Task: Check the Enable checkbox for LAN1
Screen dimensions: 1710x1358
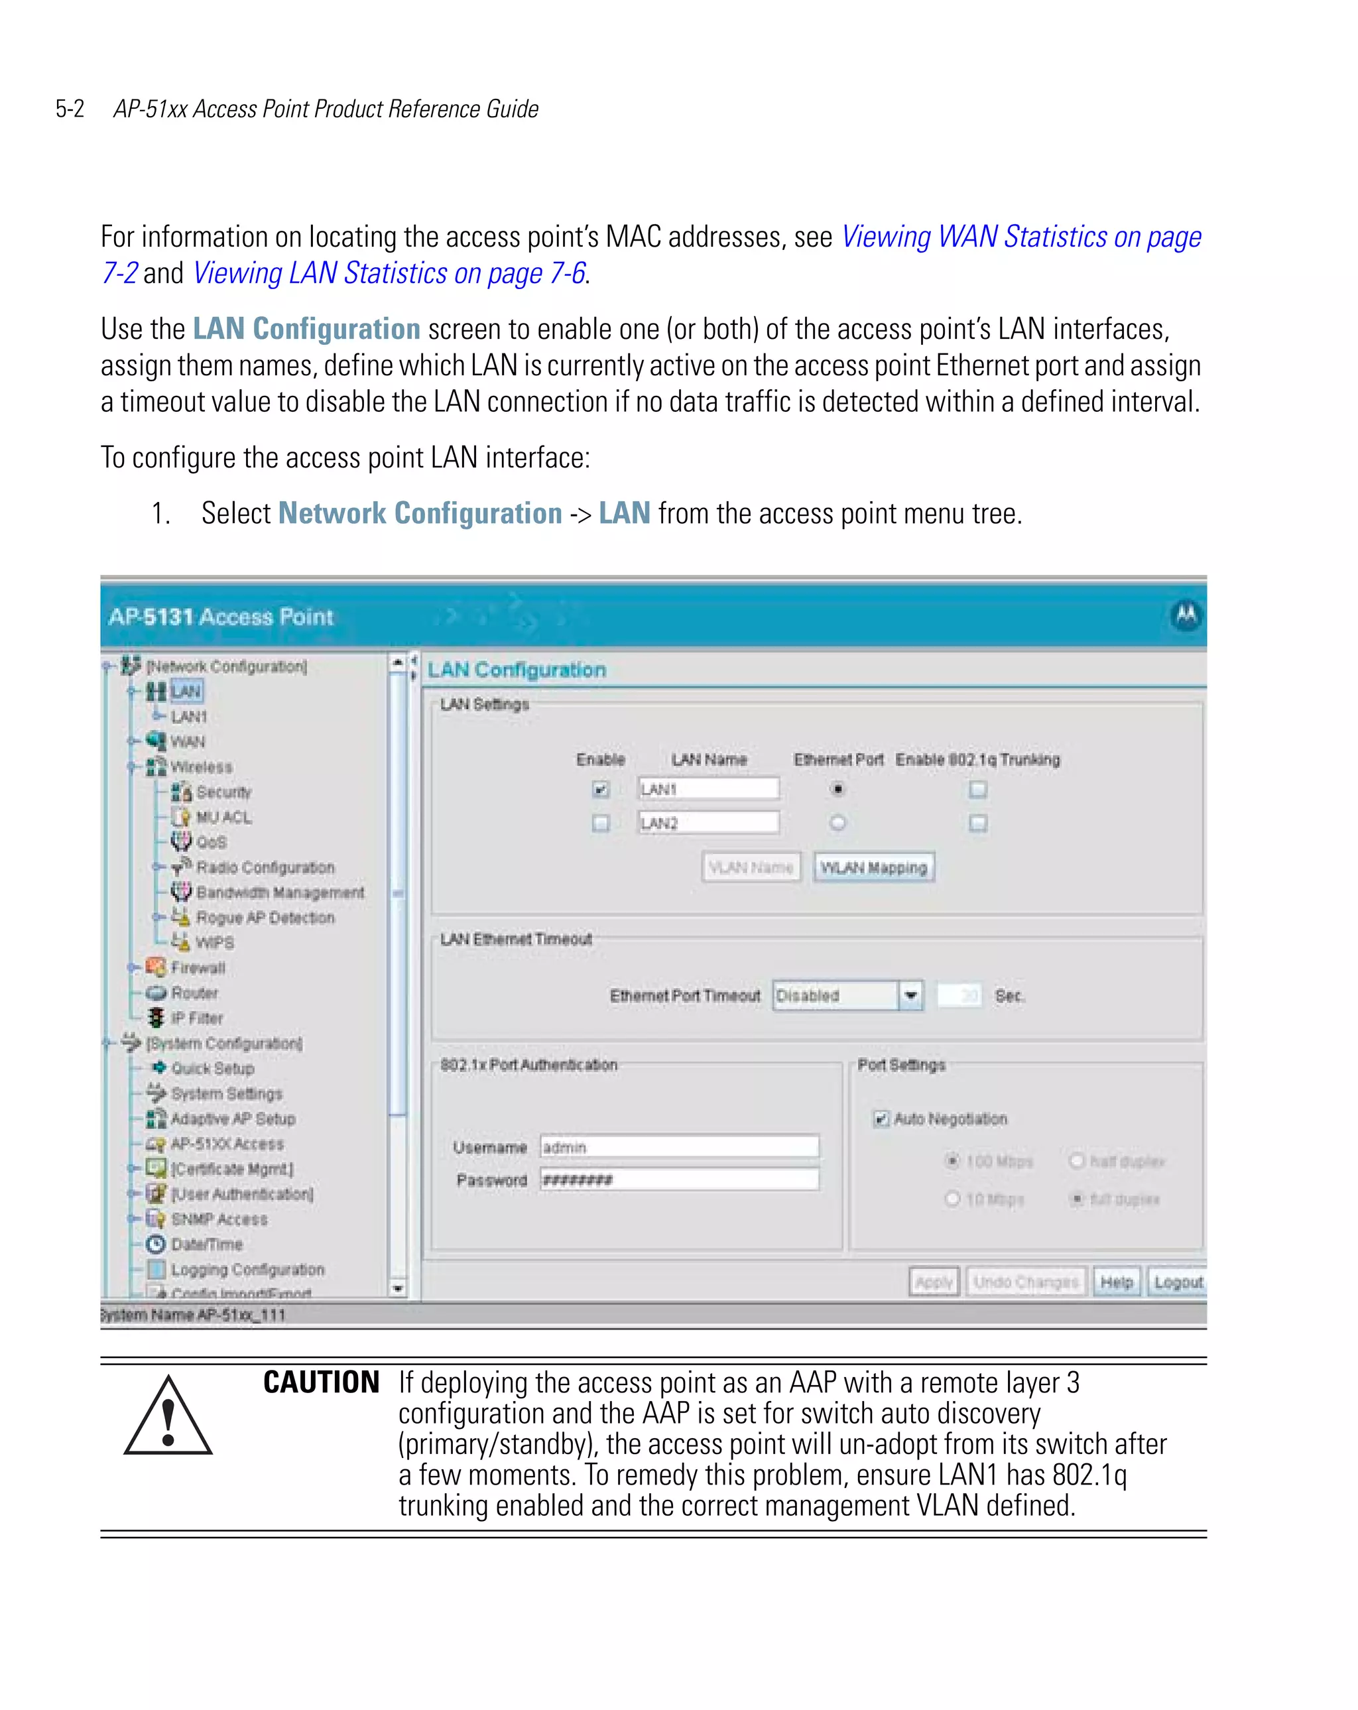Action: click(x=601, y=789)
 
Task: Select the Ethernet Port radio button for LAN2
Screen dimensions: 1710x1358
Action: click(x=837, y=822)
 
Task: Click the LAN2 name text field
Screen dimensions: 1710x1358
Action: click(x=708, y=822)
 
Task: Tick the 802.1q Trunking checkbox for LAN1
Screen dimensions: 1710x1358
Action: click(x=978, y=789)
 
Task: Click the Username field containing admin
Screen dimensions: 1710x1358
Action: click(x=679, y=1147)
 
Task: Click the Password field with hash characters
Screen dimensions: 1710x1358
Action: click(x=679, y=1180)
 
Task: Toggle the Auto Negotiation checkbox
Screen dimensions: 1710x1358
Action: click(x=881, y=1119)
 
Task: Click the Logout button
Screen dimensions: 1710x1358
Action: click(x=1178, y=1282)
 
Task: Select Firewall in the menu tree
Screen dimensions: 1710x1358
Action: click(x=198, y=967)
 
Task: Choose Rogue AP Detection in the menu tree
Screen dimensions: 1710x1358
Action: click(x=265, y=918)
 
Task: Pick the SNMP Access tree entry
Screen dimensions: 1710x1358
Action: click(x=219, y=1219)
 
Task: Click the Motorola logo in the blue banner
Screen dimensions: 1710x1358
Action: click(x=1186, y=615)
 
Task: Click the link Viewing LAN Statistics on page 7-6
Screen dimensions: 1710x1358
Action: click(x=389, y=273)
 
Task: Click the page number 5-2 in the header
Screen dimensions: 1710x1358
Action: click(x=70, y=109)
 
